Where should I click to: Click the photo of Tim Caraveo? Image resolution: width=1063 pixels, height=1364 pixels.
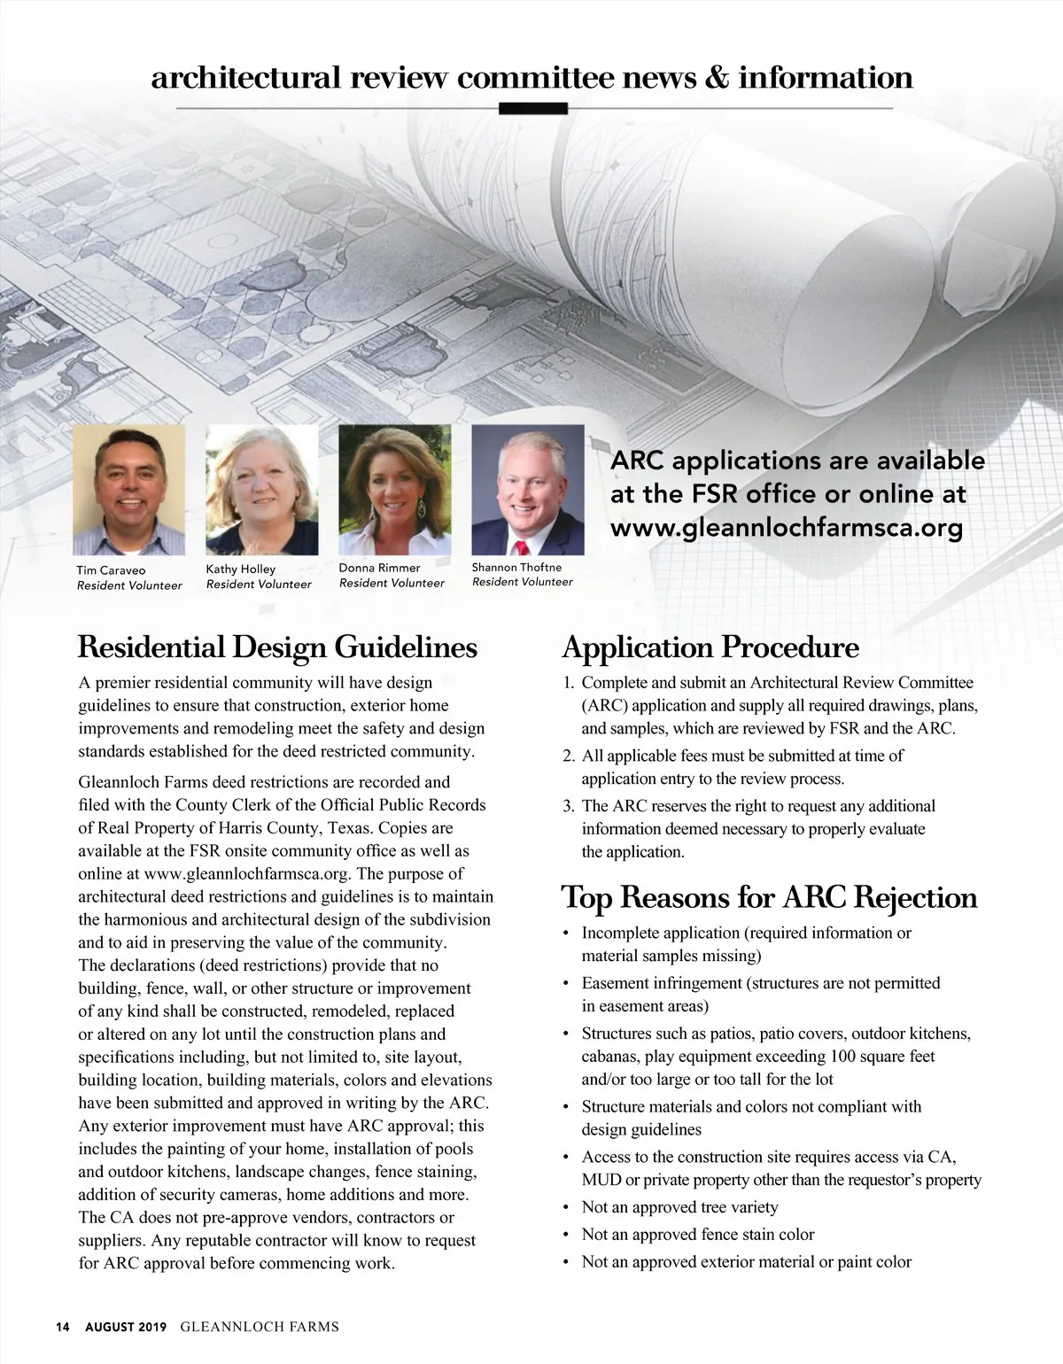point(128,490)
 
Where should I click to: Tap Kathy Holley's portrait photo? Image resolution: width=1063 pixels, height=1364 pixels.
point(261,490)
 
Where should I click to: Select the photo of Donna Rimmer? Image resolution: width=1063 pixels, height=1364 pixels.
point(394,490)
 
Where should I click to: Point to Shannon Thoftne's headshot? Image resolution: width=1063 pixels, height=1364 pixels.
point(528,490)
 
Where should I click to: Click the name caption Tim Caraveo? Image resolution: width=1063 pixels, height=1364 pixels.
point(111,570)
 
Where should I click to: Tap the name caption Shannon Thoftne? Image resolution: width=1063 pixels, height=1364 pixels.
point(516,567)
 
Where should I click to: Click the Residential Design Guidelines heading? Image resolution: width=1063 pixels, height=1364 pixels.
point(277,647)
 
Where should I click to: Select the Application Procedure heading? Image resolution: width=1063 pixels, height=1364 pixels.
point(710,647)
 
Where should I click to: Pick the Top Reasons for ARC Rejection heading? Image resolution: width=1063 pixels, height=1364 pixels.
point(769,897)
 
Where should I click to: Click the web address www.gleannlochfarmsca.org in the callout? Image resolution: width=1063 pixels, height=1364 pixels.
point(786,529)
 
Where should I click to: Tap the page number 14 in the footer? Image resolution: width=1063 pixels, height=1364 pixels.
point(62,1327)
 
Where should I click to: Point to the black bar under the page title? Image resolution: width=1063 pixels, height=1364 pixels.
point(533,109)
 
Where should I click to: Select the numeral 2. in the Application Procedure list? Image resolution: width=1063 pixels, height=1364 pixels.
point(570,756)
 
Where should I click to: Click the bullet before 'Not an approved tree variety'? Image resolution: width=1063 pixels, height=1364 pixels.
point(566,1208)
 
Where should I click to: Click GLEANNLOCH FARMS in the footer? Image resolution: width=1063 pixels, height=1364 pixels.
point(260,1327)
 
